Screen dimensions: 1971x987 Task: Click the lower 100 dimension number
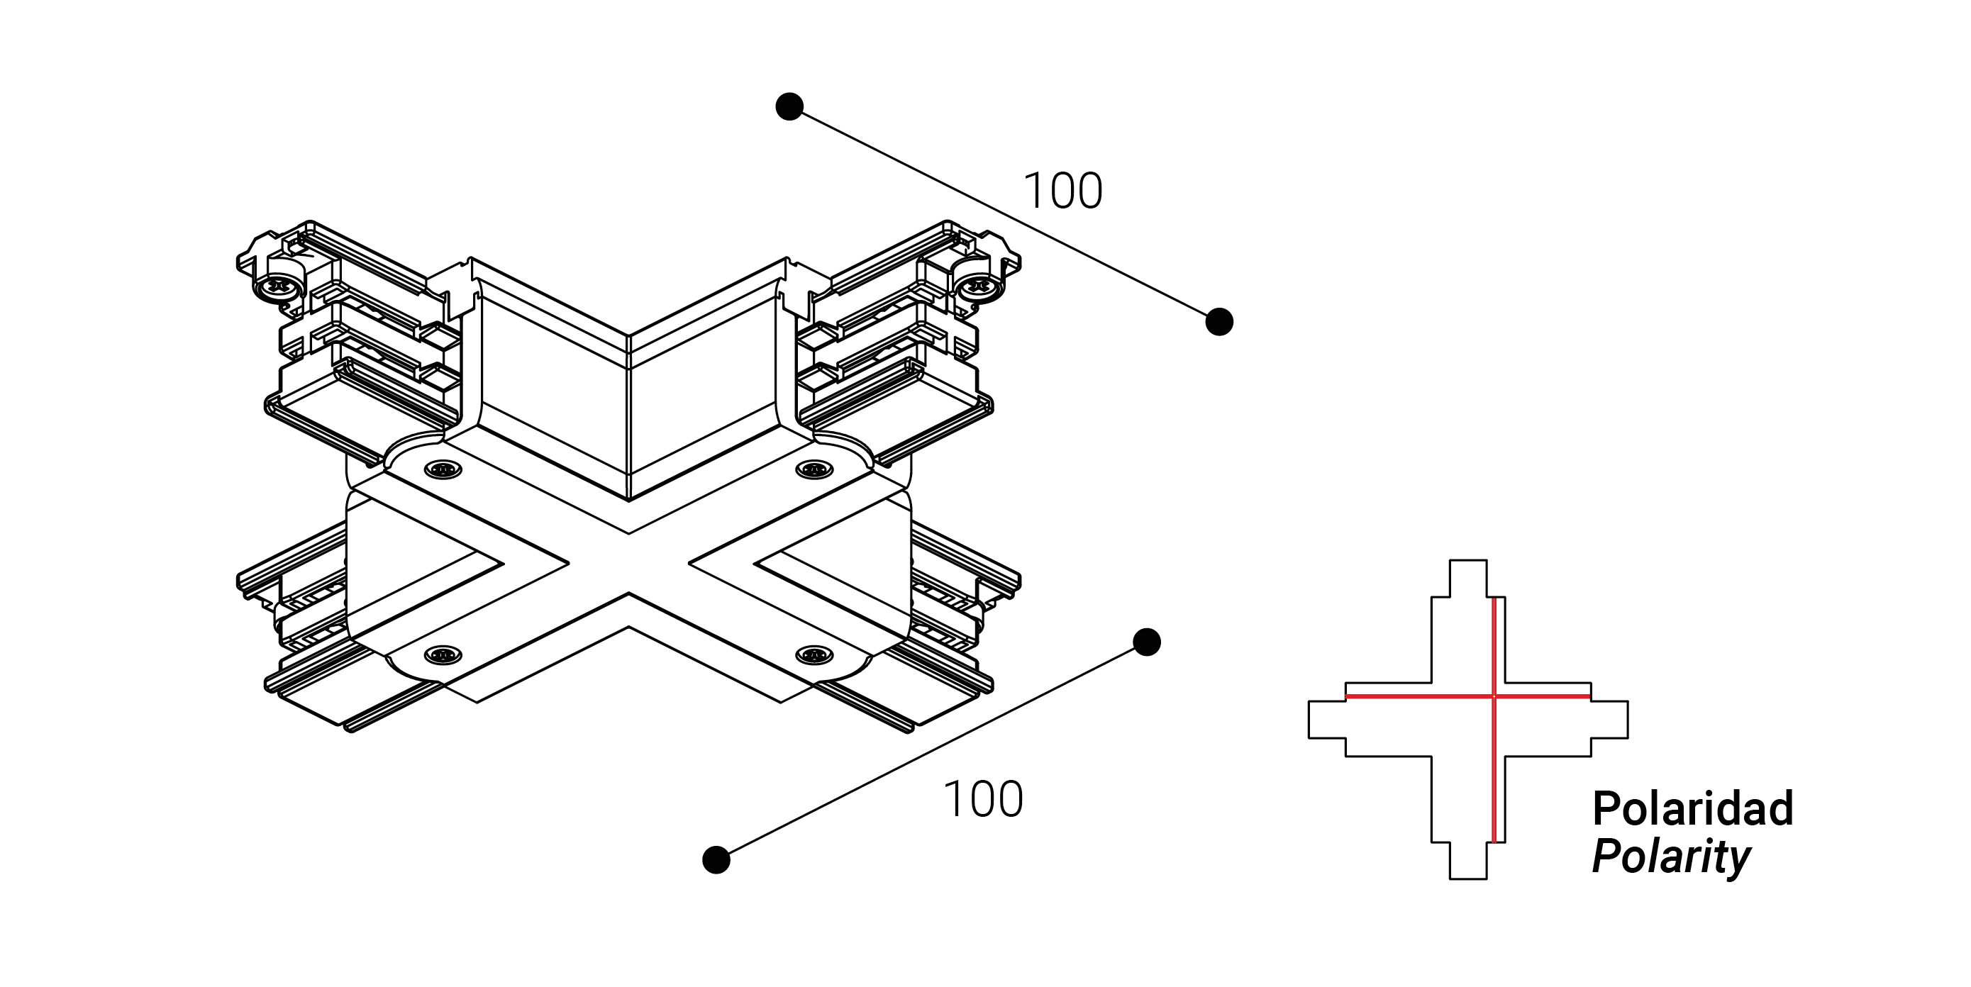(983, 800)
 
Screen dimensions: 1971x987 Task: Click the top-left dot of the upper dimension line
(789, 106)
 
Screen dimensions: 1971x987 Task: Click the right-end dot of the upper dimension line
(1219, 321)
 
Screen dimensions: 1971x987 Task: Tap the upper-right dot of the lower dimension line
(1146, 642)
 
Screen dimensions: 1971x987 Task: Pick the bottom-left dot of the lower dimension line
(716, 859)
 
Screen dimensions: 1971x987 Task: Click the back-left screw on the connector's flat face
(443, 469)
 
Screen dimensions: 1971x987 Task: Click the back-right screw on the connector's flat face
(814, 469)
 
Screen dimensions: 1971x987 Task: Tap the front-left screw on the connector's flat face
(443, 654)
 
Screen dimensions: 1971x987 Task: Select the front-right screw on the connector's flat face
(814, 654)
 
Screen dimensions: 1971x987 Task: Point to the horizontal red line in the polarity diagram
(1468, 696)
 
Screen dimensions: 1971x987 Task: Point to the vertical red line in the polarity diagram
(1494, 720)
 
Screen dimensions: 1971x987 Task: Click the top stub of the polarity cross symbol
(1468, 579)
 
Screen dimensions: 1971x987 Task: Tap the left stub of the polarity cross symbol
(1327, 719)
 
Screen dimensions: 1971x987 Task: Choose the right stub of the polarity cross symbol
(1610, 719)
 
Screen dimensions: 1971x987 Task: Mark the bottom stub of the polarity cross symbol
(1468, 861)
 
